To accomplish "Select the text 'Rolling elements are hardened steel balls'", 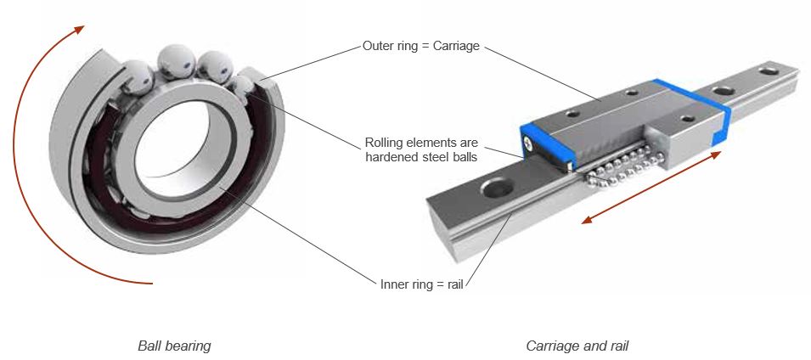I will [419, 148].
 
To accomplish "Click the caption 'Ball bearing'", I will [174, 346].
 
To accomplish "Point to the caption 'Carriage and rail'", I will [577, 346].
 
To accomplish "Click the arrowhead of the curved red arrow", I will [79, 29].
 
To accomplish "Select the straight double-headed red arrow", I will [652, 188].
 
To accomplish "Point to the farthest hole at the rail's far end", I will [769, 75].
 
